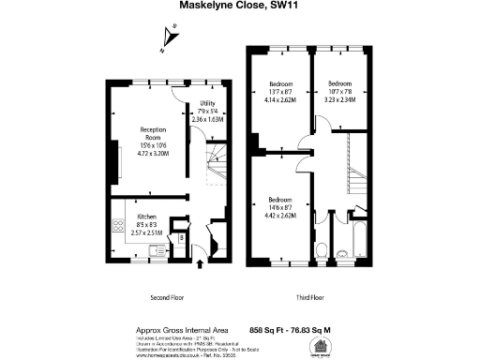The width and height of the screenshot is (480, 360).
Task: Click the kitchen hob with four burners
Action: (119, 226)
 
